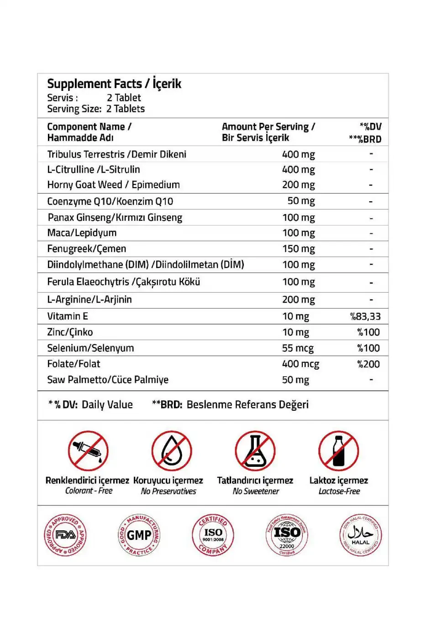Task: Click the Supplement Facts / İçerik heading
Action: coord(114,84)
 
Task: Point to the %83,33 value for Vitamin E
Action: coord(365,316)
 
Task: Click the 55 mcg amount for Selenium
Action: coord(298,348)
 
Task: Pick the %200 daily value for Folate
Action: coord(368,364)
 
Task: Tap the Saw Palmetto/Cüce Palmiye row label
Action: coord(108,380)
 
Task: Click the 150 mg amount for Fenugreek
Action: coord(298,249)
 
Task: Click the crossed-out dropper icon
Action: coord(88,450)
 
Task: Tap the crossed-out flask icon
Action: coord(255,450)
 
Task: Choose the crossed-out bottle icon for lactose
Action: coord(338,450)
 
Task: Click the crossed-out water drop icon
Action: coord(172,450)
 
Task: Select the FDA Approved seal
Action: coord(65,535)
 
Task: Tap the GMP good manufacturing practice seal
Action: coord(139,535)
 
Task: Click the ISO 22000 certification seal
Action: coord(287,535)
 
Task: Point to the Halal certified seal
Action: coord(361,535)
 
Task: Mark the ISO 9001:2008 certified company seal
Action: coord(213,535)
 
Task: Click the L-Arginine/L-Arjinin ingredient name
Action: coord(89,300)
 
